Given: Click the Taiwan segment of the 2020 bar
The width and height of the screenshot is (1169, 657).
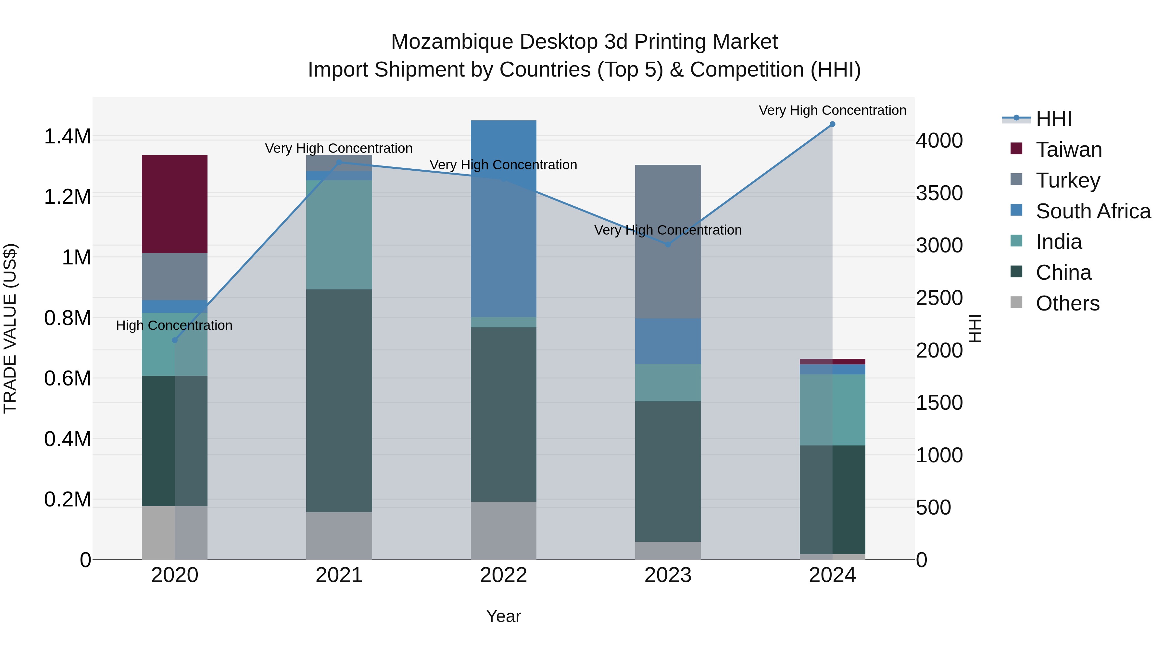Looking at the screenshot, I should click(x=175, y=204).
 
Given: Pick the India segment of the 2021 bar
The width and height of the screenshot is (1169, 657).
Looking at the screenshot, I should click(x=339, y=235).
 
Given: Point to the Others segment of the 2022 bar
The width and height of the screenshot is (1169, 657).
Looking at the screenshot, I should click(x=503, y=530).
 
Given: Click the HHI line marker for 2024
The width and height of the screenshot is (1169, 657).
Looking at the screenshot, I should click(x=832, y=124).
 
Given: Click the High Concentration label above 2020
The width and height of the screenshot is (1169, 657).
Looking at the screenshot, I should click(x=174, y=325).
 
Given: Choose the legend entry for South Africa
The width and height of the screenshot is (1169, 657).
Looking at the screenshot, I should click(x=1093, y=211).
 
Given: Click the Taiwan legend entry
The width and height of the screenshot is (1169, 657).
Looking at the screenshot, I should click(x=1069, y=150).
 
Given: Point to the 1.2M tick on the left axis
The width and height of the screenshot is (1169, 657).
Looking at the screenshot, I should click(x=67, y=197).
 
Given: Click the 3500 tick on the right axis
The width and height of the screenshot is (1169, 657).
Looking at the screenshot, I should click(x=939, y=193).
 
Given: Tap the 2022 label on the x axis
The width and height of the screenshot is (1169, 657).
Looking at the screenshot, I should click(x=503, y=575).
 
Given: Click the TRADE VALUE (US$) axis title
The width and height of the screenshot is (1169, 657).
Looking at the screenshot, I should click(x=10, y=328).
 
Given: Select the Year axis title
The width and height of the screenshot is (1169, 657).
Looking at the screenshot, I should click(x=503, y=616).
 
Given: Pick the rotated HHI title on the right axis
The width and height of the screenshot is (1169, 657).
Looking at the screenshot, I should click(x=975, y=328).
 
